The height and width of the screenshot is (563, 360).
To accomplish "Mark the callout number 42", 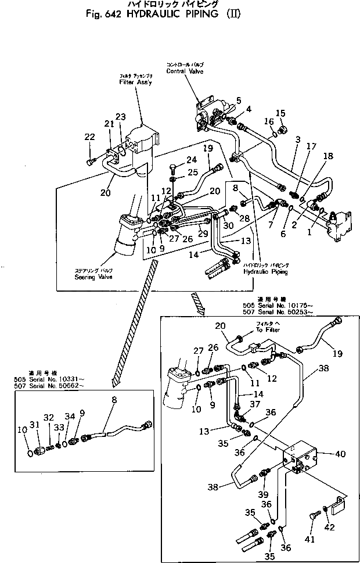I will pyautogui.click(x=330, y=527).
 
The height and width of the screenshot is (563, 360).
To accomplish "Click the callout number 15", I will pyautogui.click(x=280, y=113).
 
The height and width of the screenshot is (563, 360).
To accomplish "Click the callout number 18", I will pyautogui.click(x=329, y=157).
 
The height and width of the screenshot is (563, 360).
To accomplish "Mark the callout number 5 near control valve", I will pyautogui.click(x=239, y=100).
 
